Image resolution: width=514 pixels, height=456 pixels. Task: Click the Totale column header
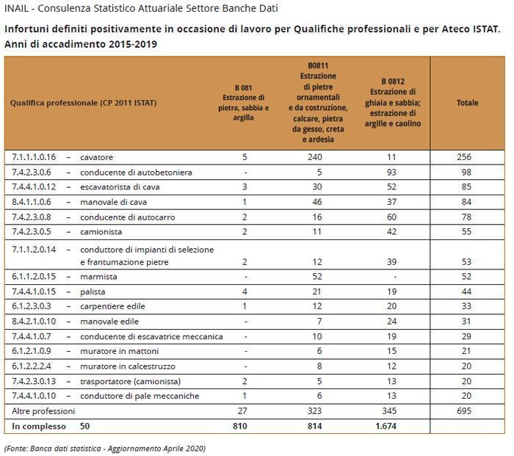click(x=467, y=103)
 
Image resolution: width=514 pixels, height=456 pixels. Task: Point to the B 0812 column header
click(x=395, y=102)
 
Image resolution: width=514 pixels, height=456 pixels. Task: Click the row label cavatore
click(x=97, y=157)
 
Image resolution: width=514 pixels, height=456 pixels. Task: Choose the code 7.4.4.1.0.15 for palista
click(x=35, y=292)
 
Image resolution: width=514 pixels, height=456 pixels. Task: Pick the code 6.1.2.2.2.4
click(x=32, y=366)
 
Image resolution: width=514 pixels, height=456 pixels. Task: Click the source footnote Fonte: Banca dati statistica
click(x=105, y=447)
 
